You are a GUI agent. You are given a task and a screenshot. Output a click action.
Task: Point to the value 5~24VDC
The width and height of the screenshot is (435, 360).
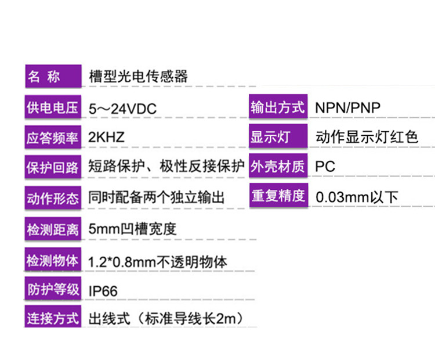(123, 109)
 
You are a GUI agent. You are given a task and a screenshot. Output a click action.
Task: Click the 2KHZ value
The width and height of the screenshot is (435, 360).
(107, 138)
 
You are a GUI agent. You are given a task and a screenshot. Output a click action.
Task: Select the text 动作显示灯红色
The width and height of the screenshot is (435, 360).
(367, 138)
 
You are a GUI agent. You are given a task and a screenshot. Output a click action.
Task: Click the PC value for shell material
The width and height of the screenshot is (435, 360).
(325, 167)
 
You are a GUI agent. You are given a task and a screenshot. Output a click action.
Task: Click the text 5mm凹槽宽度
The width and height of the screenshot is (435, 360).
(132, 229)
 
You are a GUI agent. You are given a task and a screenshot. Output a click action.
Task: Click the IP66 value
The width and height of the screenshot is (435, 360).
(103, 290)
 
